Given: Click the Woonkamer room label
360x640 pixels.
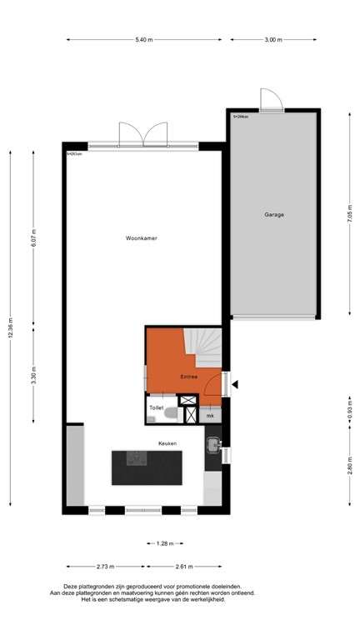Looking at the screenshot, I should [x=142, y=238].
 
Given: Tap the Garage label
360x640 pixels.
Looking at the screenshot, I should [x=274, y=214].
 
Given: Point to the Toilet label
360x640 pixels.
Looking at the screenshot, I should [x=156, y=407].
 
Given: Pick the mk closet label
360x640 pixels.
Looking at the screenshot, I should [x=210, y=416].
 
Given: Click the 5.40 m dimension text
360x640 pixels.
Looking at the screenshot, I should [x=144, y=39].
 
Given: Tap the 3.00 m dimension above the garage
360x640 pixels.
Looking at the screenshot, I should [x=272, y=39].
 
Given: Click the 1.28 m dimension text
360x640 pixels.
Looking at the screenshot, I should [x=164, y=543].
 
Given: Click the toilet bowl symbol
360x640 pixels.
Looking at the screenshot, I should [x=170, y=411].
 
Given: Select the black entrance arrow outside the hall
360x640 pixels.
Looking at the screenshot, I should [x=235, y=384].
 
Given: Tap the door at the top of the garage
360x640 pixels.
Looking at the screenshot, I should [x=269, y=101].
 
